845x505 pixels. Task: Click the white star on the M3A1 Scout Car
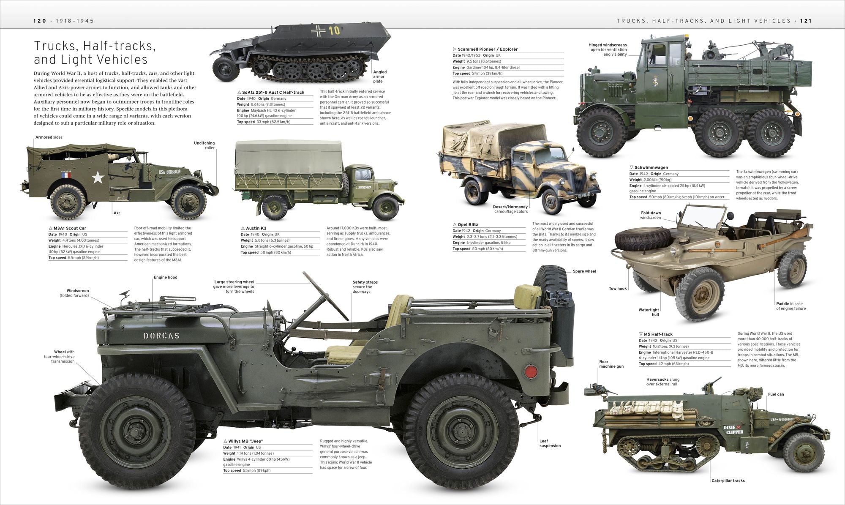98,177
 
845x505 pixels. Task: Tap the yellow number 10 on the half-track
334,30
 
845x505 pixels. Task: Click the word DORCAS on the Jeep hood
161,336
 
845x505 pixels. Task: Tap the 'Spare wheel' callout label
584,271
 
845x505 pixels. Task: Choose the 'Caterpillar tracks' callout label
728,480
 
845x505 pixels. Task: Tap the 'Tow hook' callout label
618,289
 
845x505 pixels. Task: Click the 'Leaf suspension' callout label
550,443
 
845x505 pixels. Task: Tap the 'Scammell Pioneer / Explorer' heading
488,49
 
